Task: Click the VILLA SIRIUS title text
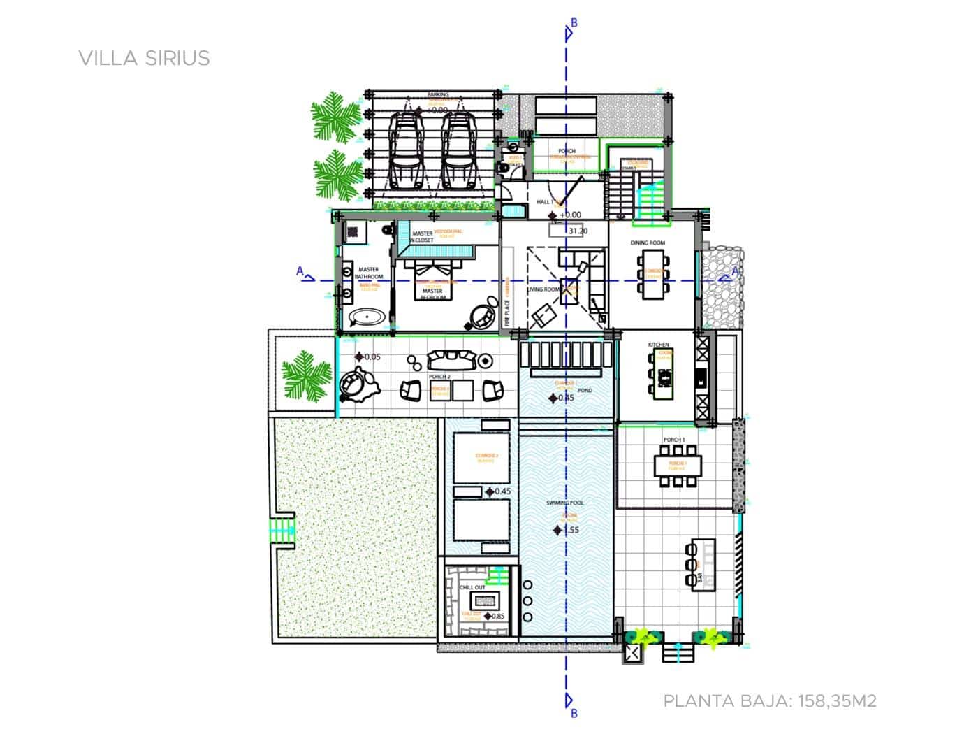[145, 58]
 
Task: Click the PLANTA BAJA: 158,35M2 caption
[769, 700]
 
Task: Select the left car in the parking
[407, 151]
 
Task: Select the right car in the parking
[456, 151]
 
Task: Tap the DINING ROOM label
[648, 243]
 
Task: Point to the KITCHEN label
[658, 345]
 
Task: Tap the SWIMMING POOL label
[565, 503]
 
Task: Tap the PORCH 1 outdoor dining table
[676, 465]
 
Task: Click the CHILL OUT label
[472, 587]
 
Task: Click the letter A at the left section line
[300, 271]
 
